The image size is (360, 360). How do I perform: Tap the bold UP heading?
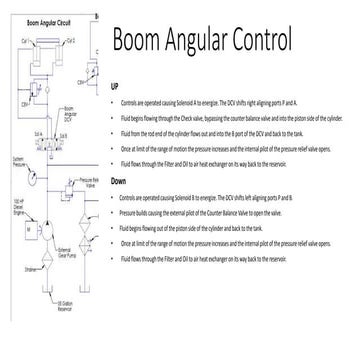[115, 87]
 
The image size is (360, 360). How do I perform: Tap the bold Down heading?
[119, 181]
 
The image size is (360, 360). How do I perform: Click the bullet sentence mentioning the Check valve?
[230, 117]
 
